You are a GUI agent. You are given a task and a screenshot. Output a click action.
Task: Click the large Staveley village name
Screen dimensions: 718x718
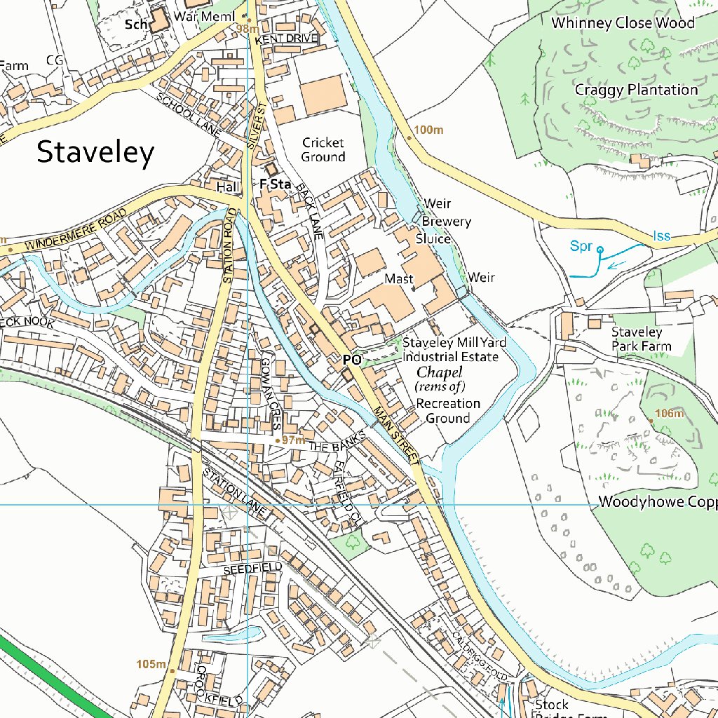tap(95, 152)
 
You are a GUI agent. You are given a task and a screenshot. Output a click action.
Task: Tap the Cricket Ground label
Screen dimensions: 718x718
tap(323, 150)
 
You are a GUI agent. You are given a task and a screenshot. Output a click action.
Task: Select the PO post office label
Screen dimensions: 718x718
tap(352, 360)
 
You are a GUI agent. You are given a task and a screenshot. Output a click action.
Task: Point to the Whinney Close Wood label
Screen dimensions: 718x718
tap(623, 23)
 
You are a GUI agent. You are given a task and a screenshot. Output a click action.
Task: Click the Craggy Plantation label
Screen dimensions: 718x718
tap(636, 90)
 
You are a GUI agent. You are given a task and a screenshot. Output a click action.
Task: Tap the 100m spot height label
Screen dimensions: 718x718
tap(429, 130)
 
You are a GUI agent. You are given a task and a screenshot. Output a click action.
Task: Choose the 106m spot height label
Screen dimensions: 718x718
tap(669, 414)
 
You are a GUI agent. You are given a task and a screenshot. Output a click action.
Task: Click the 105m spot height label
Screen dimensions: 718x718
tap(151, 664)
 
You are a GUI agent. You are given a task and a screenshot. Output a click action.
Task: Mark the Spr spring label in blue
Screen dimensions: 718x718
tap(581, 246)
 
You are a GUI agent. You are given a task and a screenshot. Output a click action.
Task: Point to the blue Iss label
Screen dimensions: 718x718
tap(661, 236)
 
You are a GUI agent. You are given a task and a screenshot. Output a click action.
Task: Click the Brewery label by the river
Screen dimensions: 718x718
tap(447, 222)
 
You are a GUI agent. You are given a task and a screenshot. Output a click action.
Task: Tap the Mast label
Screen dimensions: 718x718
tap(398, 279)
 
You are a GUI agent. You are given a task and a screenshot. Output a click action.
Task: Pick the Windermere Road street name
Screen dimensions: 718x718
tap(76, 230)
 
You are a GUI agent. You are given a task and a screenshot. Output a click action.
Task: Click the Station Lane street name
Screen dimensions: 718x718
tap(235, 493)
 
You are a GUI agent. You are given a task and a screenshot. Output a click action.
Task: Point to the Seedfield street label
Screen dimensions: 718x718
tap(253, 567)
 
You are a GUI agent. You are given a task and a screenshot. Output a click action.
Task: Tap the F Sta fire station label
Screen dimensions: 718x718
tap(275, 184)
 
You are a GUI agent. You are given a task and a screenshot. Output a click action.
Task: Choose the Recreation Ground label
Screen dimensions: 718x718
tap(448, 411)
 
